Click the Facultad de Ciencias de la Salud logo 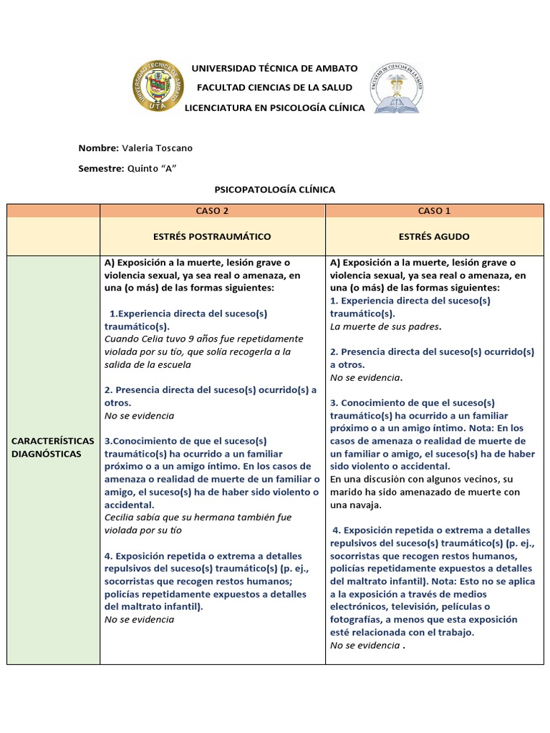pyautogui.click(x=396, y=87)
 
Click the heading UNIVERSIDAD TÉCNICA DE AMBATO pyautogui.click(x=274, y=68)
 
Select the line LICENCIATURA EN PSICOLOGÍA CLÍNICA pyautogui.click(x=274, y=107)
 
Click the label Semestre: pyautogui.click(x=101, y=168)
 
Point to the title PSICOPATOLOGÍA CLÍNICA pyautogui.click(x=274, y=190)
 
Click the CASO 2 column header pyautogui.click(x=212, y=211)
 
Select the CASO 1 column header pyautogui.click(x=434, y=211)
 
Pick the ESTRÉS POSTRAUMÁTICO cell pyautogui.click(x=212, y=236)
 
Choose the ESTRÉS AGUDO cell pyautogui.click(x=434, y=236)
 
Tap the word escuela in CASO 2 pyautogui.click(x=175, y=364)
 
